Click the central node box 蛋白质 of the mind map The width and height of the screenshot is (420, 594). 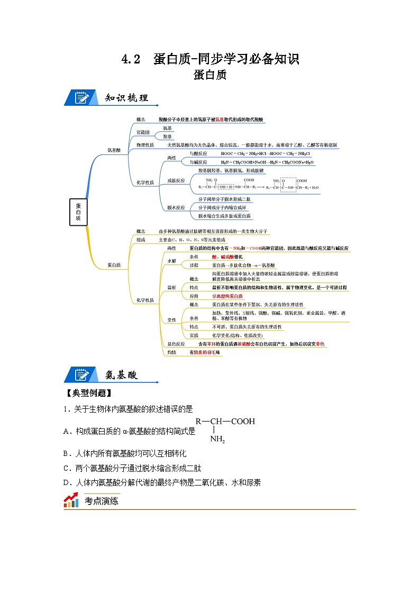coord(78,212)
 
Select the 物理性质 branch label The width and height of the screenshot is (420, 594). coord(145,144)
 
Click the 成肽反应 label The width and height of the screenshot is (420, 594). coord(176,180)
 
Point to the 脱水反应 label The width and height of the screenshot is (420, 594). coord(176,207)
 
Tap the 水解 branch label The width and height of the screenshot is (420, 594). coord(171,261)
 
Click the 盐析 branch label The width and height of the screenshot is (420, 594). coord(171,287)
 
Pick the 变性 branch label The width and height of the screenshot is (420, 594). coord(171,320)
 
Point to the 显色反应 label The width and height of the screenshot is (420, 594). coord(176,344)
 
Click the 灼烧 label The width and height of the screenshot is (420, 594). coord(171,352)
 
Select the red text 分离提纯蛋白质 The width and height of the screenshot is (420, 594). coord(227,296)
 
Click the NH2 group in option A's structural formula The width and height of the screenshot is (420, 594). coord(217,438)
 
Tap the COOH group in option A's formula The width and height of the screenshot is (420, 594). coord(243,422)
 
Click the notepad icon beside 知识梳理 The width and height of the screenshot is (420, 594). coord(81,98)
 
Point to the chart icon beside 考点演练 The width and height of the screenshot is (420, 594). coord(71,500)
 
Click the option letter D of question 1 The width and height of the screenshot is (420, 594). coord(67,482)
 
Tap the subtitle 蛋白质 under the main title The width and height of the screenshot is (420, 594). coord(210,75)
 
